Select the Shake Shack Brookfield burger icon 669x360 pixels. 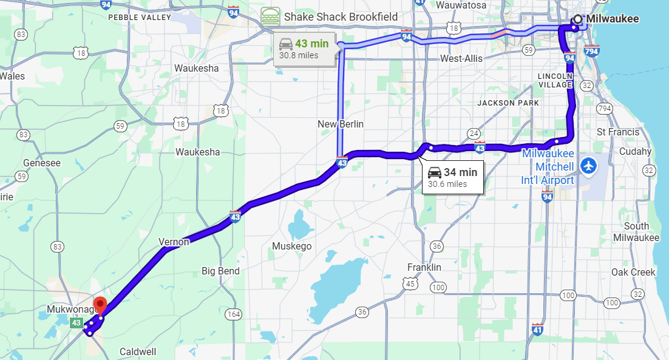point(271,16)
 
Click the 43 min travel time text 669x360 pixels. point(311,44)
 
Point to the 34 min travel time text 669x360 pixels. point(460,172)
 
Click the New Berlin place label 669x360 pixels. point(341,124)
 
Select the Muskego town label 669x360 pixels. point(291,246)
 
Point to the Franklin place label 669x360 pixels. point(424,267)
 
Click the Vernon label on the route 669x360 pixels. point(174,242)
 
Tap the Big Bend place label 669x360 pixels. point(220,271)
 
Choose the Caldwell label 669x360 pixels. point(138,352)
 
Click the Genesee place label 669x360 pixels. point(42,163)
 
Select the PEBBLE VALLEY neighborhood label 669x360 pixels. point(140,18)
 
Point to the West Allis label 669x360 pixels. point(461,58)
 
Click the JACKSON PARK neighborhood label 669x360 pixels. point(508,103)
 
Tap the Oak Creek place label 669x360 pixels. point(634,272)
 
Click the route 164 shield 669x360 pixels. point(234,314)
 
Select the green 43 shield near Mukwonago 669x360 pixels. point(76,324)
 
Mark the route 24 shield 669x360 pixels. point(474,134)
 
